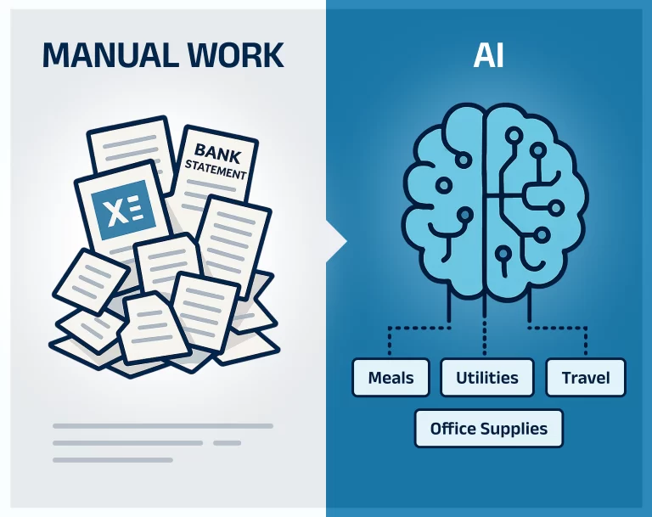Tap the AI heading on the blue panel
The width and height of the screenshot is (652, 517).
(x=489, y=55)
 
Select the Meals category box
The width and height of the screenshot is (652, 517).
(x=391, y=377)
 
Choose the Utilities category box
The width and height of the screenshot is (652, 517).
(x=487, y=377)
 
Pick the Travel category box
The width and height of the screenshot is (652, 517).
(x=586, y=377)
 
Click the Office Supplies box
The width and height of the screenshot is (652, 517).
(x=489, y=429)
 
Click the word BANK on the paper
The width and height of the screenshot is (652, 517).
(x=217, y=154)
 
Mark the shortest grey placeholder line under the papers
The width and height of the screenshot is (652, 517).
(x=227, y=443)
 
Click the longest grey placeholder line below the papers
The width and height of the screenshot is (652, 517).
(x=163, y=426)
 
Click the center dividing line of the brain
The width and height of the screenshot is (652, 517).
(x=485, y=200)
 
